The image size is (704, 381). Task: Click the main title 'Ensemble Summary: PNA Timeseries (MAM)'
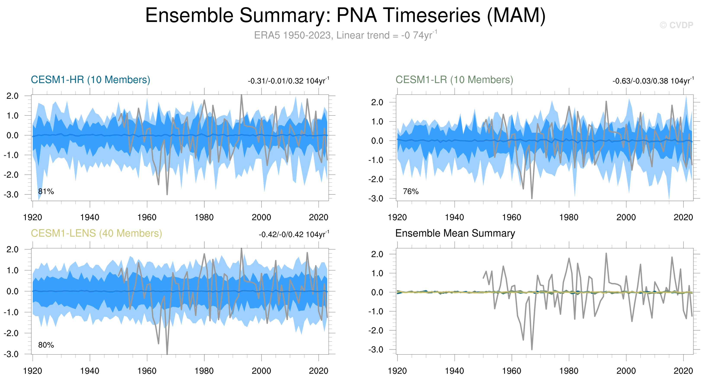345,15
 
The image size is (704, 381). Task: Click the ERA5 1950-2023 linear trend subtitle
345,35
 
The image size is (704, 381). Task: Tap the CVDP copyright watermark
676,25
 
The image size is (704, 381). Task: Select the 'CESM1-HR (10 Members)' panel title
91,80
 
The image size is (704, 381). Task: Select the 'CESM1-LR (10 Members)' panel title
454,80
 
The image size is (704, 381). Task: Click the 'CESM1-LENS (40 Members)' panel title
96,233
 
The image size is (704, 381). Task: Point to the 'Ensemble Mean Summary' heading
455,233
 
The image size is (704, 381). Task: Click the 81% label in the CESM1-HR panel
46,191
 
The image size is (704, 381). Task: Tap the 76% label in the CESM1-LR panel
410,191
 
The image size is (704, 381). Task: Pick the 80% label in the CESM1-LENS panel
46,345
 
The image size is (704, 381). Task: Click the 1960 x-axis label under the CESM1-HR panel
147,218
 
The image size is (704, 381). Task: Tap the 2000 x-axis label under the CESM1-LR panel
626,218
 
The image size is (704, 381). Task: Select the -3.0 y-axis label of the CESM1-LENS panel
11,354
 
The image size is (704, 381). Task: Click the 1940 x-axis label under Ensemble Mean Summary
454,371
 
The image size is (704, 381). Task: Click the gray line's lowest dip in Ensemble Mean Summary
532,349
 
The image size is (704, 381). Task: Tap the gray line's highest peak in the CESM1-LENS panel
241,249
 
